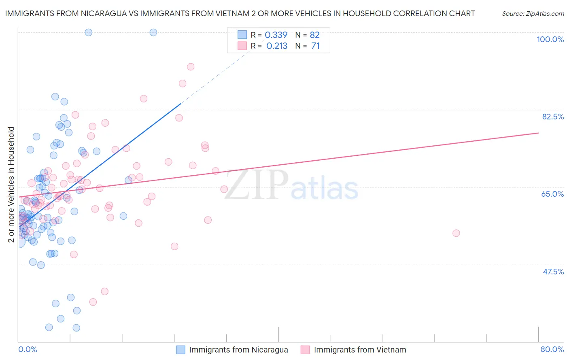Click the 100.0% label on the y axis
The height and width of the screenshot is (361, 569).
550,39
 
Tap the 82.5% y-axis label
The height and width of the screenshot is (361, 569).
553,117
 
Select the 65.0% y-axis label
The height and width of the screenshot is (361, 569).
552,194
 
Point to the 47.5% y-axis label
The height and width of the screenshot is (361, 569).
553,272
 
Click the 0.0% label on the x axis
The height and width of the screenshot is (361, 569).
28,349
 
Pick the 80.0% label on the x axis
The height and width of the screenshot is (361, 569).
552,349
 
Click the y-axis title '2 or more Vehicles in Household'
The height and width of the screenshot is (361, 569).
11,185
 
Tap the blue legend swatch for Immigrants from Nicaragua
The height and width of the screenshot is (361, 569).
180,350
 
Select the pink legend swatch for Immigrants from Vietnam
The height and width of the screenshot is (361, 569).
305,350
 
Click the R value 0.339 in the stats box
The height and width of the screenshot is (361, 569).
276,35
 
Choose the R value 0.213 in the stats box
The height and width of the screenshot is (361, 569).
277,46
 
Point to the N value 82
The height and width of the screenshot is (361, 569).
314,35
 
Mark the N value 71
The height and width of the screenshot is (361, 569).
315,46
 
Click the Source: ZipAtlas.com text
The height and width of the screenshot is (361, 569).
533,14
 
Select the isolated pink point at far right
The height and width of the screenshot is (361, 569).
456,233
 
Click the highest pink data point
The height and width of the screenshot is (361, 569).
191,67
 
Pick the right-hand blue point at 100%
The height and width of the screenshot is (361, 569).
153,32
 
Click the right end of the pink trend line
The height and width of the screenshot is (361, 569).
538,133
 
